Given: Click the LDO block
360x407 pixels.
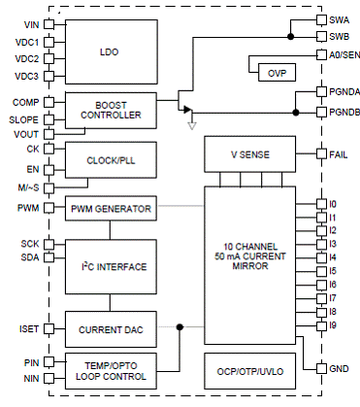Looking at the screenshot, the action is tap(112, 51).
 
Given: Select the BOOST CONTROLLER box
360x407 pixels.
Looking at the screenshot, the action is tap(111, 111).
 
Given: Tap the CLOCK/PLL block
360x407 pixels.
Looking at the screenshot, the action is tap(111, 160).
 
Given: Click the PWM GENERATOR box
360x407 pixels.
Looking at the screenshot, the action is tap(111, 208).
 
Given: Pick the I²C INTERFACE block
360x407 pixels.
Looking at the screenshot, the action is tap(111, 267).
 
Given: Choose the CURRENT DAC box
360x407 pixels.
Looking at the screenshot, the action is tap(111, 329).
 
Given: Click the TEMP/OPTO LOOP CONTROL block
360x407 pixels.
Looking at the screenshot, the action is tap(111, 371).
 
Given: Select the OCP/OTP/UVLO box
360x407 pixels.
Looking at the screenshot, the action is tap(250, 371).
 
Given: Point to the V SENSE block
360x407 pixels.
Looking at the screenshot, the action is tap(250, 154).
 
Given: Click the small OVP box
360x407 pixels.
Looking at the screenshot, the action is tap(277, 72).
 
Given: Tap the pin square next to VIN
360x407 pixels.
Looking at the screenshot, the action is tap(49, 24).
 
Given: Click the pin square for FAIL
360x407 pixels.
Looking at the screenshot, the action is tap(321, 153).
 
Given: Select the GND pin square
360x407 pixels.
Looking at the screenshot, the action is tap(321, 368).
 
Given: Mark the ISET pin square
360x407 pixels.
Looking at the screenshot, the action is tap(49, 329).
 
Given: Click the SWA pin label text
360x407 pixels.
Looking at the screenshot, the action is tap(340, 20).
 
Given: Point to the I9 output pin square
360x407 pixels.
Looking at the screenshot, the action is tap(321, 325).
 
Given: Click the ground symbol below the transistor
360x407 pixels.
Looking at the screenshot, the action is tap(192, 125).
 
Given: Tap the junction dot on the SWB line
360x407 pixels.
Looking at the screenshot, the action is tap(291, 37).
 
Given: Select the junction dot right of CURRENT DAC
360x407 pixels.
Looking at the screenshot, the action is tap(180, 327).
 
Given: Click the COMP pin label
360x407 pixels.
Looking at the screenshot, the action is tap(26, 102).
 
